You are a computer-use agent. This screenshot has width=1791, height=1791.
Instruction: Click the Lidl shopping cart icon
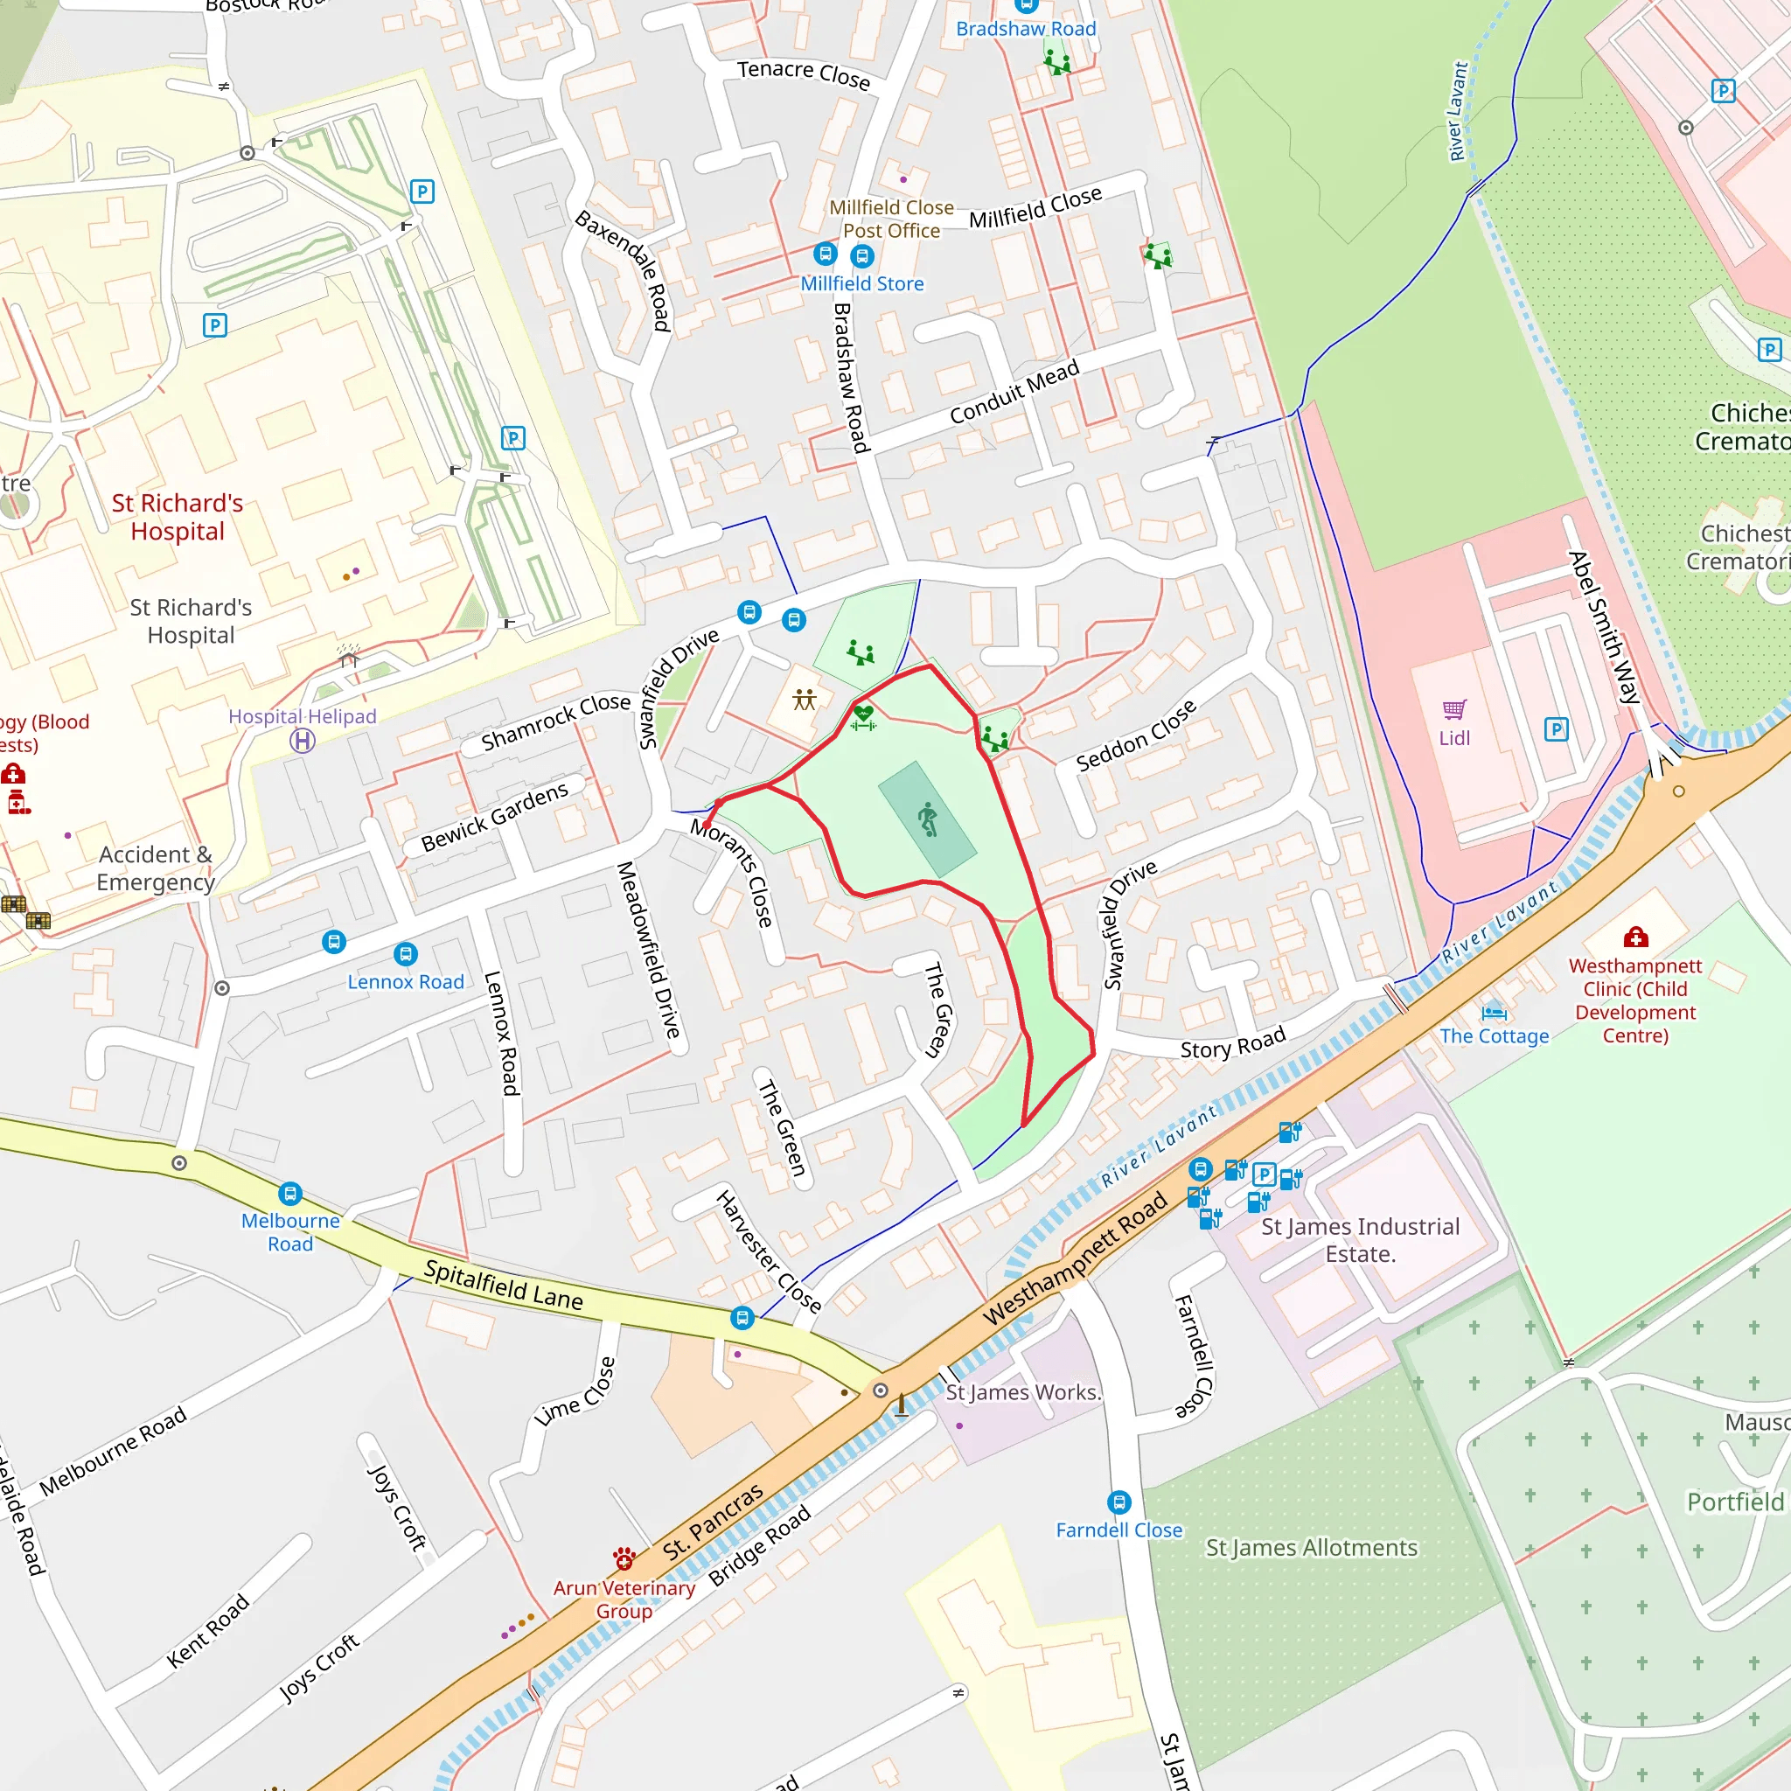pos(1454,710)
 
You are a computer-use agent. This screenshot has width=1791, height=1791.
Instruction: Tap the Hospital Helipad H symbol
pos(303,741)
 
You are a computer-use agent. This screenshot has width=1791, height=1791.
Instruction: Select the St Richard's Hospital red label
pos(177,518)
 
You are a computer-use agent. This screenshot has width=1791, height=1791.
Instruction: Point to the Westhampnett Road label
pos(1075,1260)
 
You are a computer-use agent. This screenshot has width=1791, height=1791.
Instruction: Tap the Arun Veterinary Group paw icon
pos(624,1557)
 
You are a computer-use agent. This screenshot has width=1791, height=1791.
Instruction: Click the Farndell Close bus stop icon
pos(1119,1502)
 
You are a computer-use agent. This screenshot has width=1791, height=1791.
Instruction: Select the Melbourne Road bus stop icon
pos(290,1194)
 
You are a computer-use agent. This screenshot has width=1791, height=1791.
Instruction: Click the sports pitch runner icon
pos(928,819)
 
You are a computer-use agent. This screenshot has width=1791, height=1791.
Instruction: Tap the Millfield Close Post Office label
pos(891,219)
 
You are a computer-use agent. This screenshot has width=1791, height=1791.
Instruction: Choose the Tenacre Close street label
pos(804,75)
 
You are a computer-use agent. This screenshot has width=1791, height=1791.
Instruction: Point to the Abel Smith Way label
pos(1603,628)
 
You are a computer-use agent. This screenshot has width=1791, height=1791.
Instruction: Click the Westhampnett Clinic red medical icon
pos(1636,937)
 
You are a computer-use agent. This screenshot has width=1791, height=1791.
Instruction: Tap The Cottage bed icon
pos(1494,1012)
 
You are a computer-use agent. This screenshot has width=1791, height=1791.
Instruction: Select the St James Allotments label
pos(1311,1547)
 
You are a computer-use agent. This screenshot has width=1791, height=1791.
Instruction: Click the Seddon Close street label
pos(1136,737)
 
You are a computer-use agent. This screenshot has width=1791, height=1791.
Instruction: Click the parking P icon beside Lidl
pos(1557,729)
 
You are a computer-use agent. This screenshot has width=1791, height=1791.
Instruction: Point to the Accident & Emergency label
pos(156,868)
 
